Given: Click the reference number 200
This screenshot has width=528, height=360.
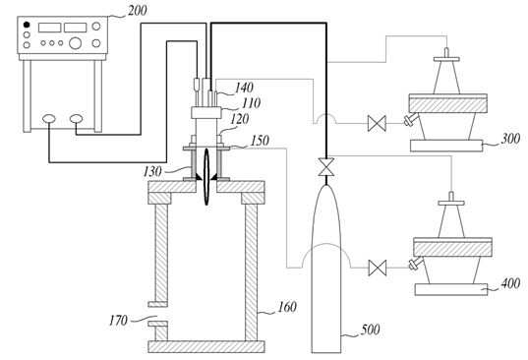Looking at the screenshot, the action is coord(137,11).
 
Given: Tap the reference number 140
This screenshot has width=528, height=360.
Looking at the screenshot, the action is coord(244,88).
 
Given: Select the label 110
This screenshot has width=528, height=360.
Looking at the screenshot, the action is coord(251,103).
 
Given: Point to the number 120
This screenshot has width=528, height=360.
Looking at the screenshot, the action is coord(240,119).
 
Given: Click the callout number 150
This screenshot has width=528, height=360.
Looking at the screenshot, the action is coord(260,141).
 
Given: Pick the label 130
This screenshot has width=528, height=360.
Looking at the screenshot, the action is coord(152,172).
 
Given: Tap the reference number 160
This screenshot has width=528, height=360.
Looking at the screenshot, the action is coord(287,307).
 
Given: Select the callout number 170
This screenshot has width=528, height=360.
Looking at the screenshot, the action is coord(118,321).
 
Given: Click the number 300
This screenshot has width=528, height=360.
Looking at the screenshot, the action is coord(510,139).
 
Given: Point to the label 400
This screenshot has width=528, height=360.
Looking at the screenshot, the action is coord(510,283).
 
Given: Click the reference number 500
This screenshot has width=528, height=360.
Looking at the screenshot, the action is coord(370,330).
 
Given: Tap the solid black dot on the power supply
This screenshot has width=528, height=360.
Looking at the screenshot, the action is coord(27,25).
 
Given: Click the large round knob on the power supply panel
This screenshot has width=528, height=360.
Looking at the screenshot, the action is coord(75,43).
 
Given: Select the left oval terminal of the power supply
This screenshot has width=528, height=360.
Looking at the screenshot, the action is coord(49,119).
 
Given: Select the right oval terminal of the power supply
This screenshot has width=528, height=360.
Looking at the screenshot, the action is coord(76,119).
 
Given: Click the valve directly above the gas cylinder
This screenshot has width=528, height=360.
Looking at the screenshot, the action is coord(326,166).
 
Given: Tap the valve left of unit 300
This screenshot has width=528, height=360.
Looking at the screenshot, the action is coord(377,123).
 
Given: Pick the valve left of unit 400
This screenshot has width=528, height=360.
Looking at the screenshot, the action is coord(378,269).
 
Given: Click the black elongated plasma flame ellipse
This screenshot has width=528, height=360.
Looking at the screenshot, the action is coord(206,176).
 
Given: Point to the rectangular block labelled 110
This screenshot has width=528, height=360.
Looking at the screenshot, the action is coord(206,112).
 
